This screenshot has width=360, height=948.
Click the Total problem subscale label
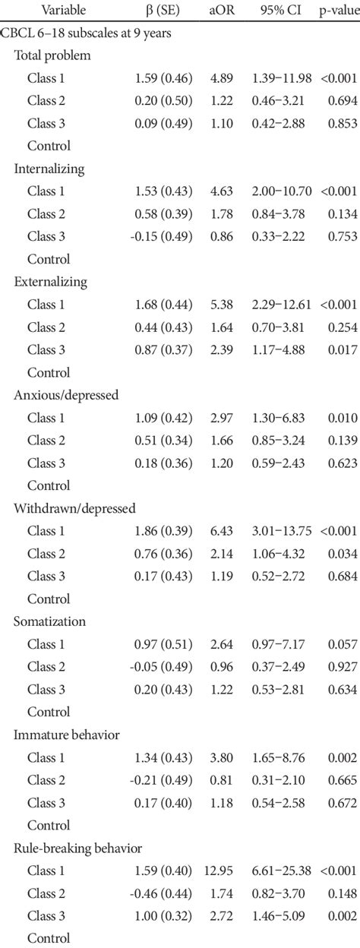tap(52, 55)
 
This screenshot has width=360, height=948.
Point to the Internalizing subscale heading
tap(49, 169)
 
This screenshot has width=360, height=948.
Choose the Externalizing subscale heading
tap(50, 282)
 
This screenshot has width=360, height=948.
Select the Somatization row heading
tap(49, 621)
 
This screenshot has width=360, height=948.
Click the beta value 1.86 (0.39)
tap(163, 531)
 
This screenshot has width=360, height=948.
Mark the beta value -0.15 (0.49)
tap(161, 237)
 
